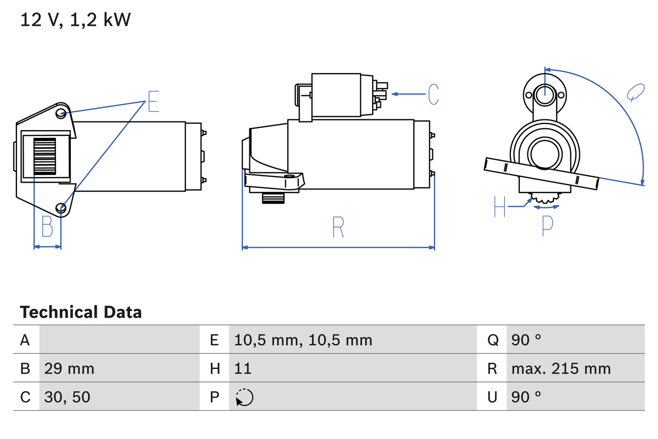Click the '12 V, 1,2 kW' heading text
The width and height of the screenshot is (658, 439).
76,20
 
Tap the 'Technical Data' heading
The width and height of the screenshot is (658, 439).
81,312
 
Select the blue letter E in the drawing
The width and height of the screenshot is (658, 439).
153,101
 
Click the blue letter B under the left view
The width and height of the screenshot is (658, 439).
47,226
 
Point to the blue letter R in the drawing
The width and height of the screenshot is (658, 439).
338,227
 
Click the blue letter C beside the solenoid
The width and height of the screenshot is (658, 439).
433,94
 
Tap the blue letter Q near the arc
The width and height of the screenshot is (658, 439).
635,92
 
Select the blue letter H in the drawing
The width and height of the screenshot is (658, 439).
500,207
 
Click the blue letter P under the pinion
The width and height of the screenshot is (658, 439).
547,225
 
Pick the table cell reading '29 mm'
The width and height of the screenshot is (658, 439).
69,368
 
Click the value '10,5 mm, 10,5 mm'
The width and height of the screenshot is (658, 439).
303,340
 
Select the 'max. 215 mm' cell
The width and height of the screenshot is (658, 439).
561,368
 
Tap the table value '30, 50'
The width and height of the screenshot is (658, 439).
67,397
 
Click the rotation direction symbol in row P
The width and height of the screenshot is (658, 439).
244,397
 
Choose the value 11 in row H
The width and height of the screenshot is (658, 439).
243,368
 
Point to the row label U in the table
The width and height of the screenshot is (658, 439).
492,397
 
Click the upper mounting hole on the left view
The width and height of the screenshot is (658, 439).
61,113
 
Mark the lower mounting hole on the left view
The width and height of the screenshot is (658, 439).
62,208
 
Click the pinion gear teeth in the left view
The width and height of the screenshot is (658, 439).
44,156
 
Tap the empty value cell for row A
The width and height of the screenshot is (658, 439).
119,340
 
